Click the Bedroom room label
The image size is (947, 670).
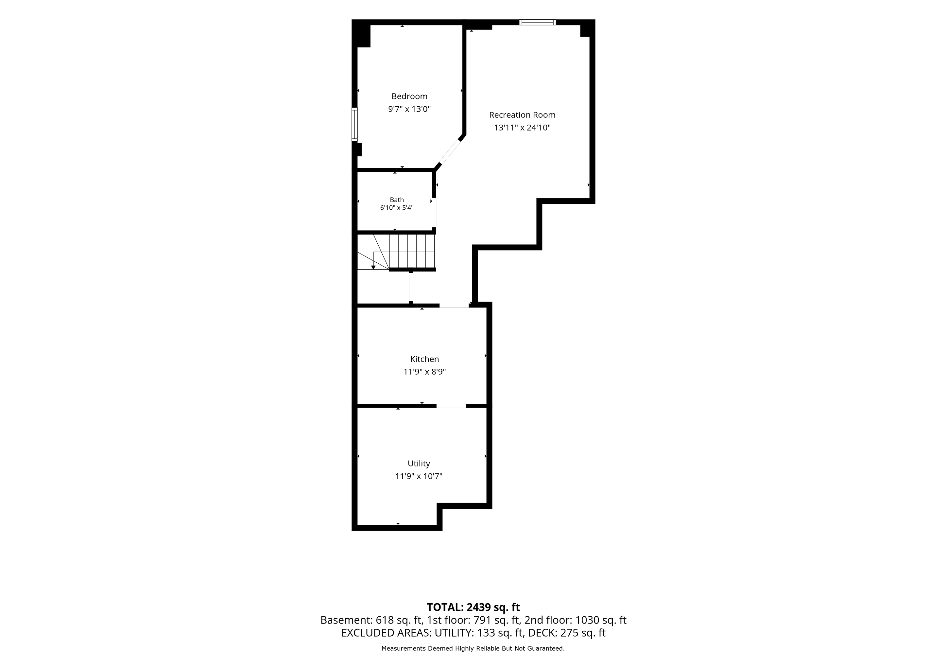[409, 97]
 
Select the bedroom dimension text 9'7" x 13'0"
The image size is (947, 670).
[409, 109]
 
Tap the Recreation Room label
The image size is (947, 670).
[522, 115]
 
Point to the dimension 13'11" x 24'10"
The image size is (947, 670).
[522, 128]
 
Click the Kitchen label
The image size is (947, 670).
[424, 359]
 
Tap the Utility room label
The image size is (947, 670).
[419, 464]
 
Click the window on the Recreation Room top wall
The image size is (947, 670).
[538, 22]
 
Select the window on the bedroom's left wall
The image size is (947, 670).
[354, 125]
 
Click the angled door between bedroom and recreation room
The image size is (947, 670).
[450, 152]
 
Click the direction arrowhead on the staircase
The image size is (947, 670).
[373, 267]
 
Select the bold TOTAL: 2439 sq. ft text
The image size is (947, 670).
[473, 607]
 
